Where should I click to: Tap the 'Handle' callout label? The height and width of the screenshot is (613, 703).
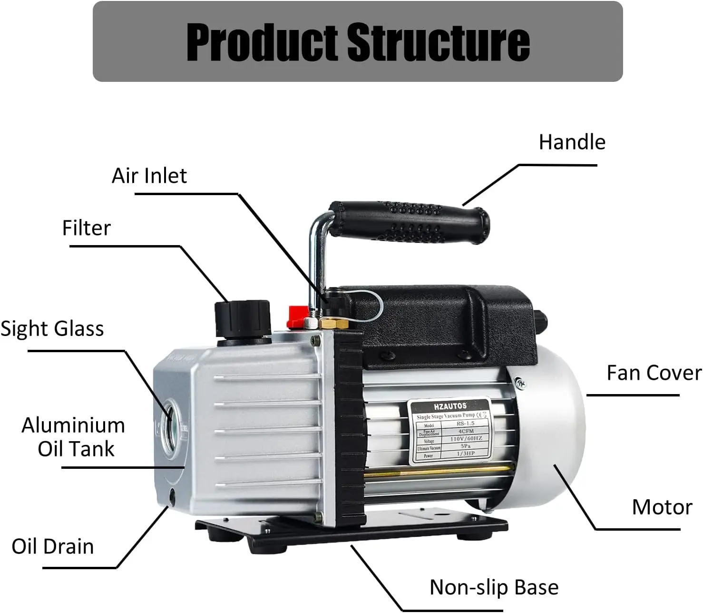572,142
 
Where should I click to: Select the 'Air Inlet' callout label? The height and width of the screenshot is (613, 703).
149,176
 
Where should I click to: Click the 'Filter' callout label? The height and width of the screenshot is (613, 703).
86,228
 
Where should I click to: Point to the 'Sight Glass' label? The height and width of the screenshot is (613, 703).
52,329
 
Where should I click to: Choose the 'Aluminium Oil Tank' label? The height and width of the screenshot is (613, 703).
74,437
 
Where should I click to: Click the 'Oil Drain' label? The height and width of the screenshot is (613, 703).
52,546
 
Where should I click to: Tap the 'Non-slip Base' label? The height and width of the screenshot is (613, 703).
494,587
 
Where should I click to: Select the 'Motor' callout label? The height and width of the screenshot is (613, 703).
662,507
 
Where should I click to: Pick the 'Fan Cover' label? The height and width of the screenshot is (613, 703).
654,373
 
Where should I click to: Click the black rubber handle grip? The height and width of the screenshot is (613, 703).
409,221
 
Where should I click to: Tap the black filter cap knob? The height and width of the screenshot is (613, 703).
243,318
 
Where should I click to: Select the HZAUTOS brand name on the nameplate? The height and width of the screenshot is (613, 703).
450,406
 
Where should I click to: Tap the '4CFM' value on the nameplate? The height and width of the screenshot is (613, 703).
466,431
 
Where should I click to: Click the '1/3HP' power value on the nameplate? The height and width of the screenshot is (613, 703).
466,454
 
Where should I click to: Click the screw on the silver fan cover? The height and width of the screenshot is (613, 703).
519,382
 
